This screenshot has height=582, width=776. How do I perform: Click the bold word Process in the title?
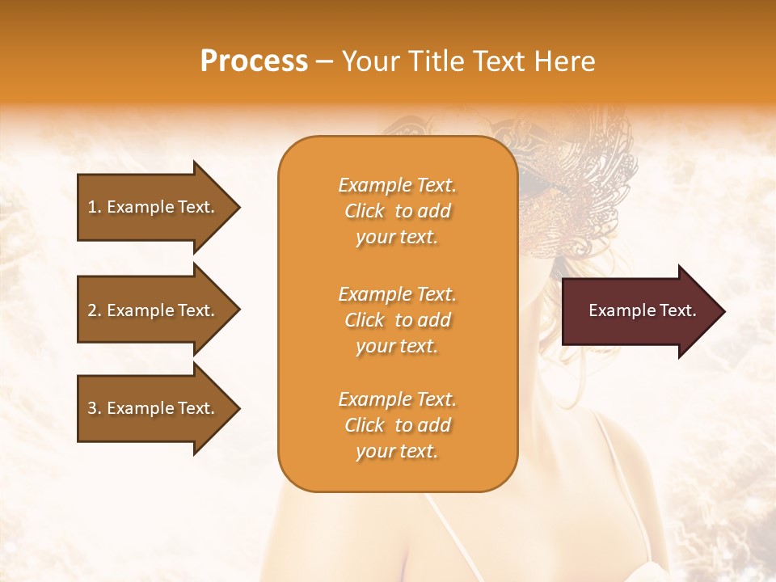[254, 61]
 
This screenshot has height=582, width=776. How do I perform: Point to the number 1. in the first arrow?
[95, 207]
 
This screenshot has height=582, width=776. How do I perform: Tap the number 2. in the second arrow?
[95, 310]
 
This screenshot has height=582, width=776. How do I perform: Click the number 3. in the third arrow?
[95, 408]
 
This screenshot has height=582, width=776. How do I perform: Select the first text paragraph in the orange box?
[397, 211]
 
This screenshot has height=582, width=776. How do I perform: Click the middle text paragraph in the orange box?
[397, 320]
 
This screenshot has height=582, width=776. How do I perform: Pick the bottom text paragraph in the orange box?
[397, 425]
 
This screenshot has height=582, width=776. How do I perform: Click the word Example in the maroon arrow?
[618, 310]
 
